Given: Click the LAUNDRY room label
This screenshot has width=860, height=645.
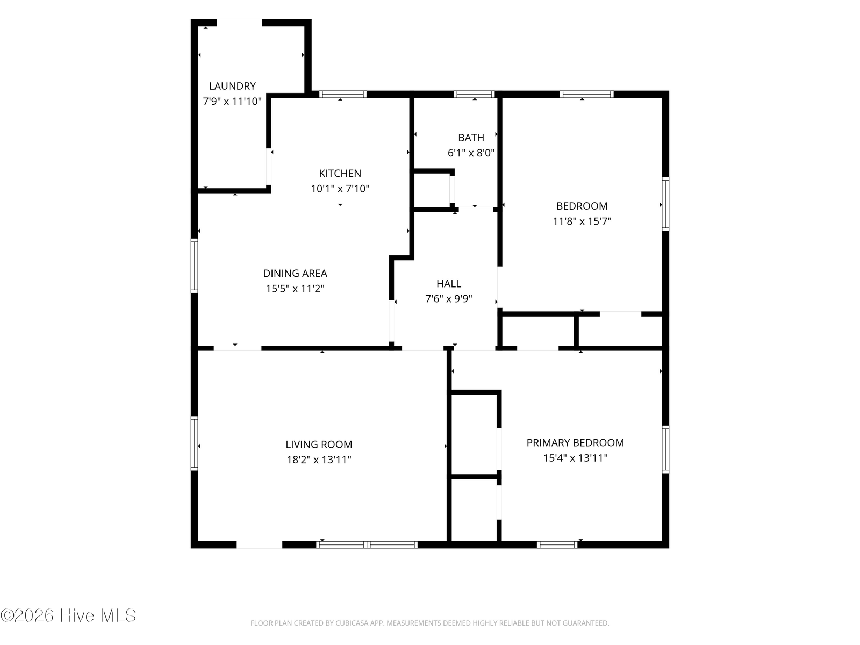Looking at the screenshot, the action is click(232, 86).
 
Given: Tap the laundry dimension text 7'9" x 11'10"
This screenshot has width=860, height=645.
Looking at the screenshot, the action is click(232, 102).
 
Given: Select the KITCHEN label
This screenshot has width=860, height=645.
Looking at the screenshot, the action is click(340, 173).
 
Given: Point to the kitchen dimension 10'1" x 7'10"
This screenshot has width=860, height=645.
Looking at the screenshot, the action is click(340, 189).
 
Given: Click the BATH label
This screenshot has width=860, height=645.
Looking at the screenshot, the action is click(471, 138).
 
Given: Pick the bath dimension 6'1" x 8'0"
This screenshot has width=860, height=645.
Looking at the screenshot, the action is click(471, 153).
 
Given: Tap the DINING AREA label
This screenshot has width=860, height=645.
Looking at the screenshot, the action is click(295, 273).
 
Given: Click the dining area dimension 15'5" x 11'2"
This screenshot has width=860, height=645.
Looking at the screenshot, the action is click(295, 289).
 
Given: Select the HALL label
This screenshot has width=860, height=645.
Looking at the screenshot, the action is click(449, 283).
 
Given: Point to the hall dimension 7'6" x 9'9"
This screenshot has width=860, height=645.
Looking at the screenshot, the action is click(449, 299).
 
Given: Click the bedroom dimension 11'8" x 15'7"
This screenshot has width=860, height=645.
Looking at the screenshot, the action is click(582, 221).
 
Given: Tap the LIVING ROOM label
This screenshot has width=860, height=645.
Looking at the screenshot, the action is click(319, 445).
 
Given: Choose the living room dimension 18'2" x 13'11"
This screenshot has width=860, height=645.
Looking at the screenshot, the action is click(319, 460).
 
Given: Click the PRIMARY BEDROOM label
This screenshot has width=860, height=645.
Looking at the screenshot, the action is click(575, 442).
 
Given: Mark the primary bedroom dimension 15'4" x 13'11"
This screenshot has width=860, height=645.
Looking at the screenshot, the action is click(575, 458).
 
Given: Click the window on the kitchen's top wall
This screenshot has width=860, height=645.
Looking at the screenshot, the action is click(343, 94).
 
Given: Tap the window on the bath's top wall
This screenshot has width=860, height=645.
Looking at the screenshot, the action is click(474, 94).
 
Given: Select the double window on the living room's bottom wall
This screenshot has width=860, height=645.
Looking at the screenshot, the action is click(367, 544).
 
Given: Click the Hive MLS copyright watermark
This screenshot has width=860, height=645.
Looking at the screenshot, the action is click(68, 615).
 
